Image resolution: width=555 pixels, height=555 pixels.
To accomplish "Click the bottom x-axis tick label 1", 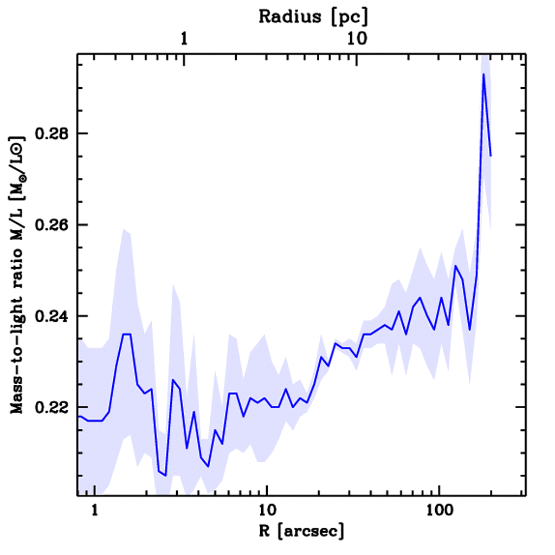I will (95, 510).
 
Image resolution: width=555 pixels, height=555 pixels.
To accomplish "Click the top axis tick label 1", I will (184, 39).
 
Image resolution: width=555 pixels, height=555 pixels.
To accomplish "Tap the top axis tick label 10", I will (356, 39).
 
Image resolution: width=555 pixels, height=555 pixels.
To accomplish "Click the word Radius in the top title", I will (290, 16).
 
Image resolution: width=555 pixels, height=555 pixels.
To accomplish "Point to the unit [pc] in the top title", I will (350, 17).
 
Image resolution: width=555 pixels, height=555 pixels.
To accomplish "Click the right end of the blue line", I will (491, 156).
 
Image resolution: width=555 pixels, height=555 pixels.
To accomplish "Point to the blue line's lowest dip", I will (165, 475).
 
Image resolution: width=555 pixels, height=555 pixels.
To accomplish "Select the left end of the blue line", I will (79, 416).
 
